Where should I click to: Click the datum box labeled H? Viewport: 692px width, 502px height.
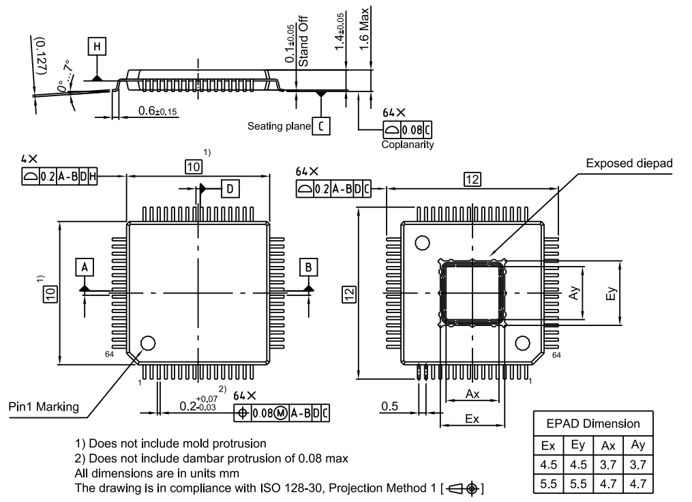[98, 46]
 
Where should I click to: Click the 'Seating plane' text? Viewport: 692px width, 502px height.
[277, 126]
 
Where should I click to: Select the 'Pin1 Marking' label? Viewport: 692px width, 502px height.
[43, 407]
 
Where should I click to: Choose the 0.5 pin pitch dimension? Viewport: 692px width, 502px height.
[390, 407]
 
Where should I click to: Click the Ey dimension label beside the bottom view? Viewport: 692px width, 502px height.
[612, 293]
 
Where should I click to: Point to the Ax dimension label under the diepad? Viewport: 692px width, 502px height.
[472, 394]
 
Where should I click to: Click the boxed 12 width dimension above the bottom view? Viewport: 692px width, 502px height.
[472, 179]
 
